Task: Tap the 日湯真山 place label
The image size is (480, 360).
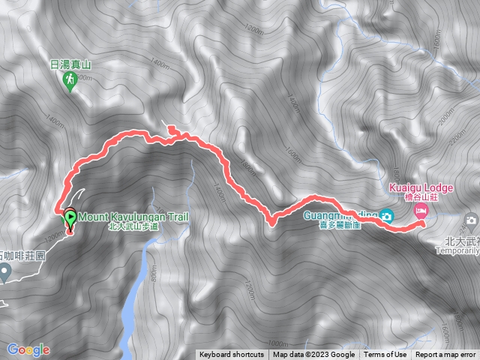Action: tap(70, 64)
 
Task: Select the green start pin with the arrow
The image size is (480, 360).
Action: tap(70, 219)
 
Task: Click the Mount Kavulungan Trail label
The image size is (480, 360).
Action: tap(132, 216)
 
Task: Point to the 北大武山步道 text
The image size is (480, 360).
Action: tap(134, 226)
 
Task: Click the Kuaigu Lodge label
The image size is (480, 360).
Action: tap(418, 184)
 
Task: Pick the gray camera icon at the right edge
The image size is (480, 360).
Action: tap(471, 220)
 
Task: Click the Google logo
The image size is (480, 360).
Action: tap(28, 349)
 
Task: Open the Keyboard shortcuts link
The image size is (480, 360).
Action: tap(232, 355)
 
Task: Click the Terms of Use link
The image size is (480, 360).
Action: tap(385, 355)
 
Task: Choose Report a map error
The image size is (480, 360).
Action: tap(445, 355)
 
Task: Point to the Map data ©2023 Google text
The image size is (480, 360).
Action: tap(314, 355)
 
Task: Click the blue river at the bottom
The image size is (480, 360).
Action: tap(129, 307)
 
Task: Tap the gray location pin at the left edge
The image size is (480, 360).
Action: tap(5, 271)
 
